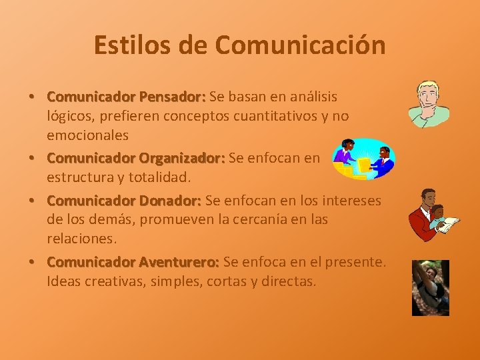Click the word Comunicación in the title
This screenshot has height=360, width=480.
(x=301, y=45)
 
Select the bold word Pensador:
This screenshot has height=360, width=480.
(x=172, y=97)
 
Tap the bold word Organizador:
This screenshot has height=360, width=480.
(x=181, y=158)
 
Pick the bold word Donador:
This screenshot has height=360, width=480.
(x=170, y=200)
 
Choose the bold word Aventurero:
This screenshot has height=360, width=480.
(x=179, y=262)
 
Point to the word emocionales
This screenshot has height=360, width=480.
(x=87, y=135)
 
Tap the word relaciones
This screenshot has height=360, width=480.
(x=81, y=238)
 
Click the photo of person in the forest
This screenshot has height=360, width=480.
(x=430, y=287)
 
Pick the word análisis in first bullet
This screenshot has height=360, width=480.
(x=313, y=97)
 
